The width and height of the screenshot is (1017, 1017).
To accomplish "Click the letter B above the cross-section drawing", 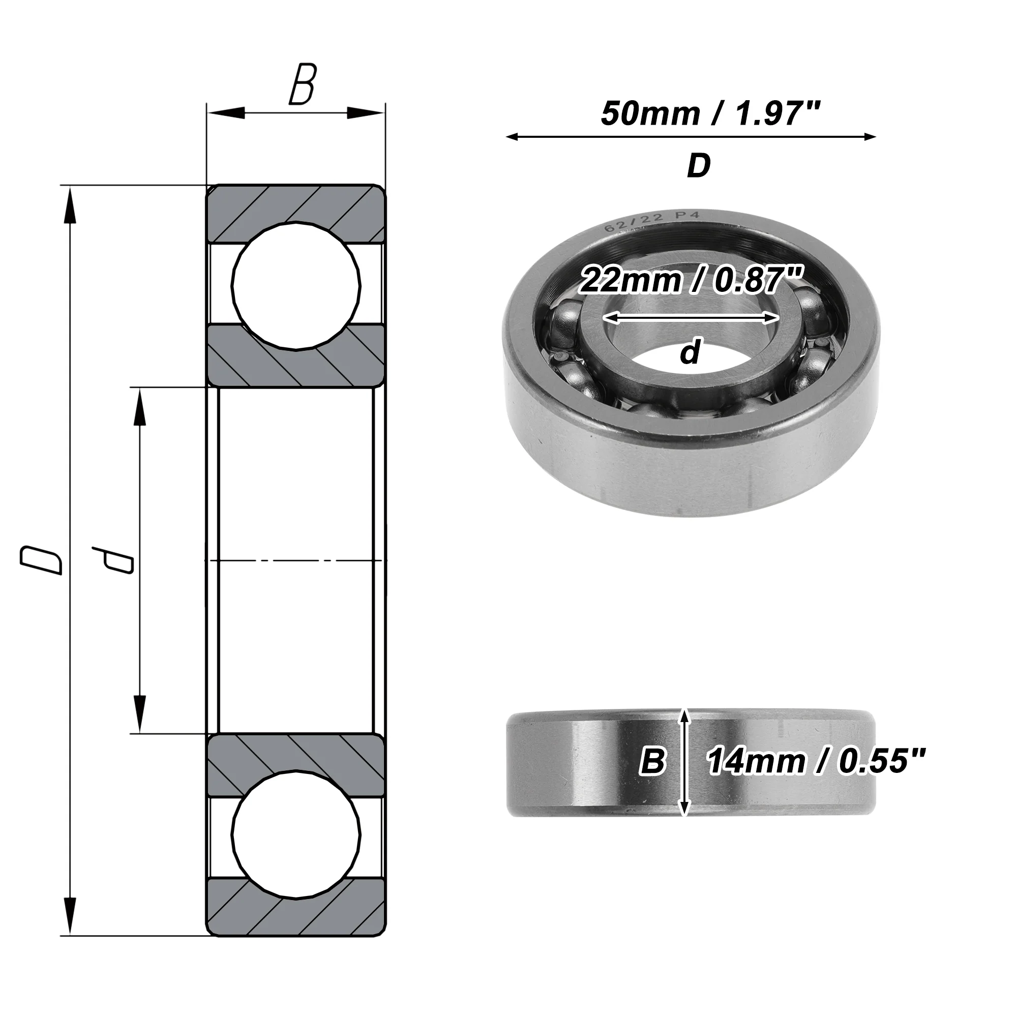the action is point(302,84).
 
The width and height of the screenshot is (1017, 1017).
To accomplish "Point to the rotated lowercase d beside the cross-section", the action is point(113,560).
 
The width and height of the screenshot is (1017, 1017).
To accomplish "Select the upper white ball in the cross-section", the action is point(296,286).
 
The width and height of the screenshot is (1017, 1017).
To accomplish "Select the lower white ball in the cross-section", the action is point(296,835).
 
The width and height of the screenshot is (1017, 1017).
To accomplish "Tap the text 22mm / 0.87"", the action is point(691,280).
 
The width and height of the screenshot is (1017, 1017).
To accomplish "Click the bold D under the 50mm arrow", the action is point(699,166).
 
